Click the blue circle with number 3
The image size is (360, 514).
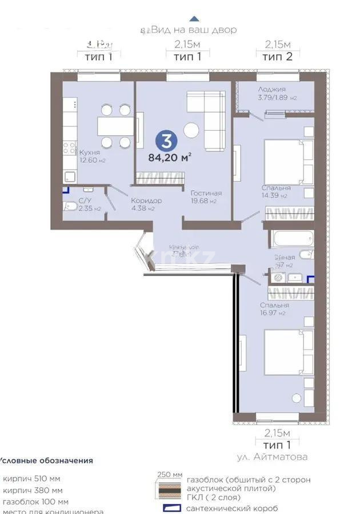[x=170, y=140]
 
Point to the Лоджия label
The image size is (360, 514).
[x=271, y=89]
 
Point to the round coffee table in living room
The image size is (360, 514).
[x=191, y=130]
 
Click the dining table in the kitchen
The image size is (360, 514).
[x=114, y=126]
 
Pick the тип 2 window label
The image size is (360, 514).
[x=278, y=56]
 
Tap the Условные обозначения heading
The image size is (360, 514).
[x=46, y=460]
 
